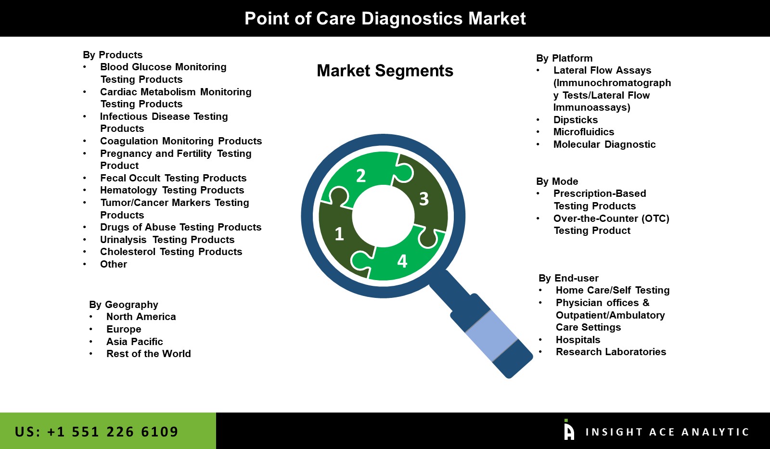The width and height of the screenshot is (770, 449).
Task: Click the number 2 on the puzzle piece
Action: pyautogui.click(x=360, y=176)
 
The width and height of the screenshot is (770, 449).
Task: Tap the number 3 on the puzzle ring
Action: pyautogui.click(x=423, y=199)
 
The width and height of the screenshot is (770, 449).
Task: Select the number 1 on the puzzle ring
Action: pyautogui.click(x=339, y=234)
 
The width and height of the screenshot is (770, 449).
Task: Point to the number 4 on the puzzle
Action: pyautogui.click(x=402, y=261)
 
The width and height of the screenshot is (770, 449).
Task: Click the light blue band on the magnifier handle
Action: pyautogui.click(x=491, y=335)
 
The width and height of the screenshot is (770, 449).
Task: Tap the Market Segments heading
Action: pyautogui.click(x=385, y=71)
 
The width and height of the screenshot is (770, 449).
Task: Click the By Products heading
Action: pyautogui.click(x=113, y=55)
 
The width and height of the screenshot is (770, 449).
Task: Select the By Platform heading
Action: pyautogui.click(x=564, y=58)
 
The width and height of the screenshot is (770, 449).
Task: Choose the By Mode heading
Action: pyautogui.click(x=557, y=181)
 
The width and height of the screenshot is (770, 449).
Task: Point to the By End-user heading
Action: pyautogui.click(x=568, y=278)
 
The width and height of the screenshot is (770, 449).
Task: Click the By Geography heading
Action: pyautogui.click(x=123, y=305)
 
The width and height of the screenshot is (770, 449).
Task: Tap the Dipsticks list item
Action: pyautogui.click(x=575, y=120)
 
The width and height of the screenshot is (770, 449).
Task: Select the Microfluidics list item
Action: pyautogui.click(x=583, y=132)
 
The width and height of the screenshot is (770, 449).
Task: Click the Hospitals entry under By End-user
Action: pyautogui.click(x=577, y=340)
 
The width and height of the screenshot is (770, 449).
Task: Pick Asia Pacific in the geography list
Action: pyautogui.click(x=134, y=342)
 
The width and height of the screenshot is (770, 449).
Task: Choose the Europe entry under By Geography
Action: pyautogui.click(x=124, y=329)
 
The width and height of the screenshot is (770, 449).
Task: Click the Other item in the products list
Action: pyautogui.click(x=113, y=264)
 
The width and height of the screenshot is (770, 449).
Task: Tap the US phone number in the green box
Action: pyautogui.click(x=96, y=432)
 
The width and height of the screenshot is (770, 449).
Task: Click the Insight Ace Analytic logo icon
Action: pyautogui.click(x=569, y=430)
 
